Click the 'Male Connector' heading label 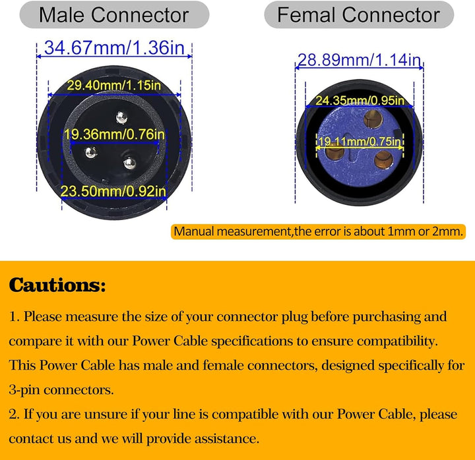(x=114, y=15)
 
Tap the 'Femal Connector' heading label (x=359, y=15)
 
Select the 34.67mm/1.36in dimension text (x=114, y=48)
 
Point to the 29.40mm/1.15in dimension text (x=113, y=85)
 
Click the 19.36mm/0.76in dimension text (x=115, y=134)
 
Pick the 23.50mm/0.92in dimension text (x=113, y=191)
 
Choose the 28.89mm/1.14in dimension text (x=360, y=60)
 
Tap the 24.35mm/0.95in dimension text (x=360, y=100)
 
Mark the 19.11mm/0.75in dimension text (x=360, y=141)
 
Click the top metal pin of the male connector (x=121, y=117)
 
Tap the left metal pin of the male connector (x=90, y=152)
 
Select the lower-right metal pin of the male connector (x=130, y=163)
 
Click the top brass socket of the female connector (x=373, y=119)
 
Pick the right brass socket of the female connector (x=383, y=159)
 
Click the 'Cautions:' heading (x=57, y=285)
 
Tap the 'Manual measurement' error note (x=319, y=231)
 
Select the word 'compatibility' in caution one (x=397, y=341)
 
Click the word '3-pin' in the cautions (x=24, y=390)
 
